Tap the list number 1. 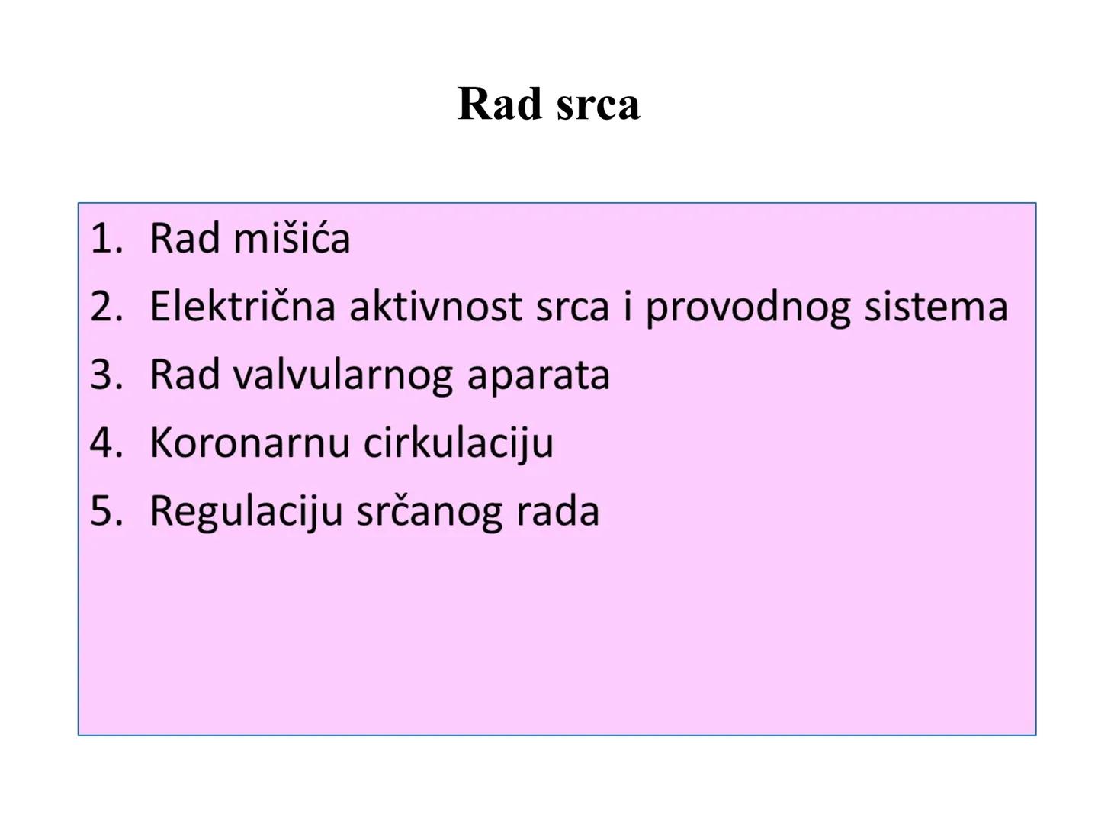coord(105,238)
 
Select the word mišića coord(291,238)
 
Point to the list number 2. coord(105,307)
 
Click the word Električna coord(242,307)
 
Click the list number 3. coord(105,375)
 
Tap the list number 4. coord(105,443)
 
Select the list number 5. coord(105,511)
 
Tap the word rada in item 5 coord(557,511)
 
